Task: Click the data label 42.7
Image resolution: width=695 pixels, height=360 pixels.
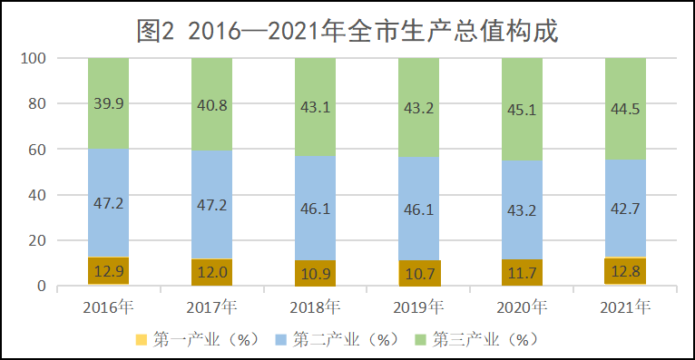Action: click(625, 210)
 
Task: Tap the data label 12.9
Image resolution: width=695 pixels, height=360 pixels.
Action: click(108, 269)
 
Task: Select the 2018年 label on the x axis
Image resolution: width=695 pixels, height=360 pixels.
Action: click(315, 307)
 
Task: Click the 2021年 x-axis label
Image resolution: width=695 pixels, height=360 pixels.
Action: click(625, 307)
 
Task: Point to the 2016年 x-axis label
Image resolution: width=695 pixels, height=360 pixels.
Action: click(108, 307)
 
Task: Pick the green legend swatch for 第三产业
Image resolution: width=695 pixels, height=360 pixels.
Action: click(419, 340)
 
